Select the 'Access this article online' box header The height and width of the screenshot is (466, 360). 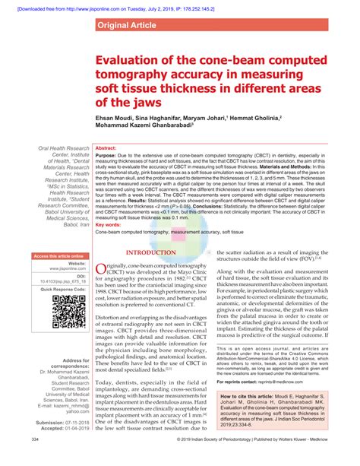[x=57, y=256]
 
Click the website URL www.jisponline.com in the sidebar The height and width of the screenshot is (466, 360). [x=65, y=269]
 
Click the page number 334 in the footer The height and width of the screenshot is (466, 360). [x=36, y=460]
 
